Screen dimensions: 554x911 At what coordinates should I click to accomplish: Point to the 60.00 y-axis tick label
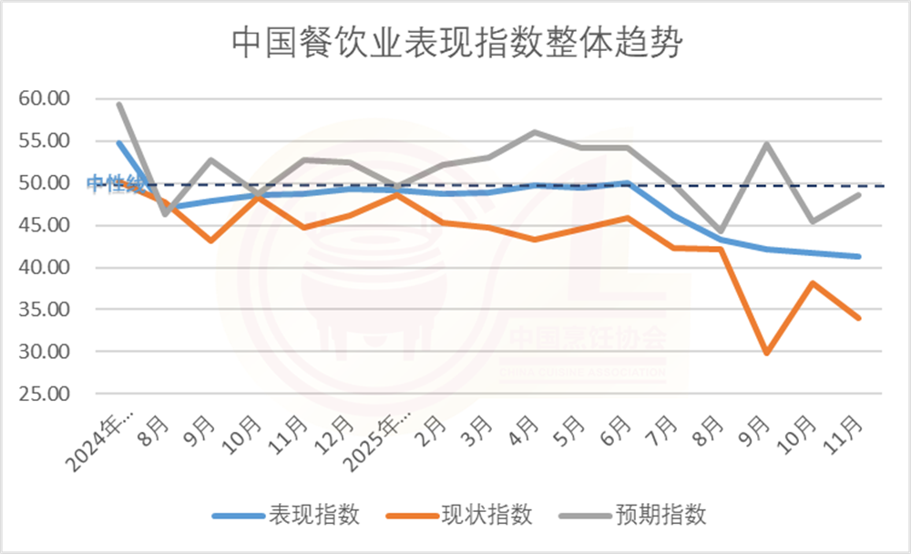coord(45,98)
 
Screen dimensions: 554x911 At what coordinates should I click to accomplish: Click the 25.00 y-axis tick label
coord(45,395)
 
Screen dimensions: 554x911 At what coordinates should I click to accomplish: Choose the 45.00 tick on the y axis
coord(45,225)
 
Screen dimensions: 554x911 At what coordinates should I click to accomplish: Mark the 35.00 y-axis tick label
coord(45,310)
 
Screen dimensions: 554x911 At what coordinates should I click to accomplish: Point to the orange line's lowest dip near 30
coord(766,353)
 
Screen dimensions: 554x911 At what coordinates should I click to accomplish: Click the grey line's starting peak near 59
coord(119,104)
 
